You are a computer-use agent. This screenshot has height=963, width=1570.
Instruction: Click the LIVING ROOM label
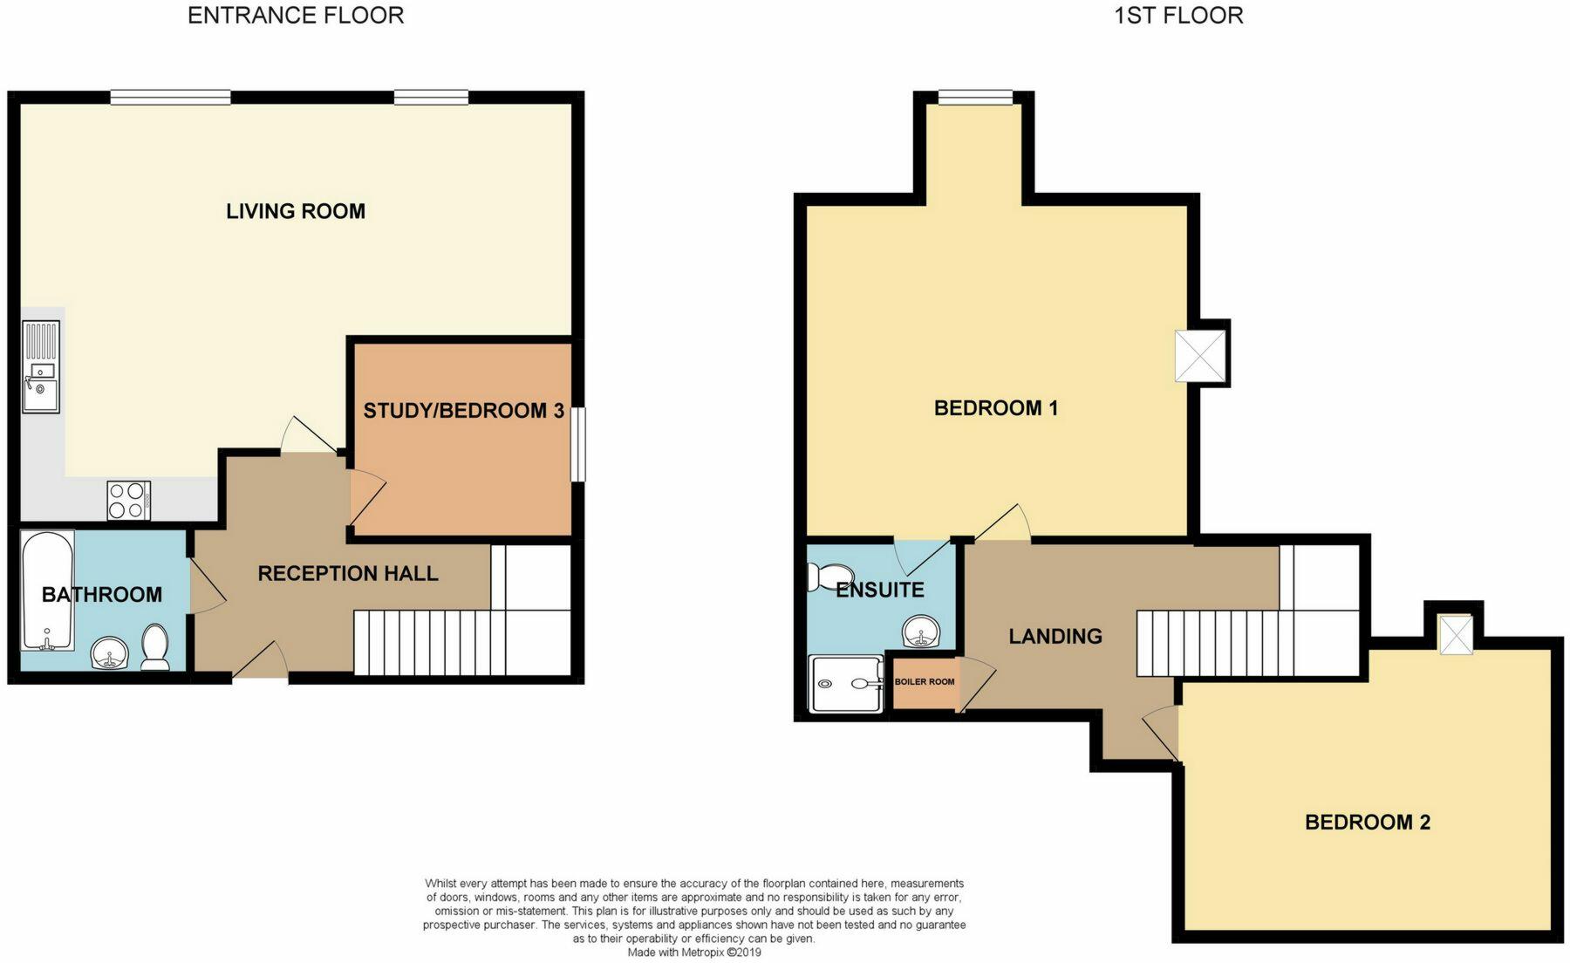296,211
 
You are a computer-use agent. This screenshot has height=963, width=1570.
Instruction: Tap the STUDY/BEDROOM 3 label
463,411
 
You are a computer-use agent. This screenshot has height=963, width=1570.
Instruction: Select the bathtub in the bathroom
47,591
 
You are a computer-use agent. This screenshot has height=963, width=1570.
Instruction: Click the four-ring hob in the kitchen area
128,501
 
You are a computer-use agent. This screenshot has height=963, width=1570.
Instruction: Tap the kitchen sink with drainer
41,367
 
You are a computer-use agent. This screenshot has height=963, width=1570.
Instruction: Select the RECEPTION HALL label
347,574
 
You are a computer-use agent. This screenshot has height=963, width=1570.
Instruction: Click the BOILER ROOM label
924,682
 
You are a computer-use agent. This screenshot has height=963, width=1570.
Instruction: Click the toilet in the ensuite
825,577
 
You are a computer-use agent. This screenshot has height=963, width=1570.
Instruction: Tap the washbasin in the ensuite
921,632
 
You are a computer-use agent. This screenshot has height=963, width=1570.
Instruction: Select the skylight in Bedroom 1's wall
1200,356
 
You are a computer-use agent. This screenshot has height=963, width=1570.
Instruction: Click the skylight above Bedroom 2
1454,634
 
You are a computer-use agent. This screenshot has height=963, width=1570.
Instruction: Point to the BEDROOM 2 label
1367,823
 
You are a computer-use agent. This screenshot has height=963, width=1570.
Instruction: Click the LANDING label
1055,637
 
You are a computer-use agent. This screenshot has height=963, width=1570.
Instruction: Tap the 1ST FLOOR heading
1178,16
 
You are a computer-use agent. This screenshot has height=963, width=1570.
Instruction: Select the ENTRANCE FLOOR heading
296,16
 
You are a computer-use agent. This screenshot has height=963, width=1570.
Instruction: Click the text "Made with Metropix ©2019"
694,953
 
